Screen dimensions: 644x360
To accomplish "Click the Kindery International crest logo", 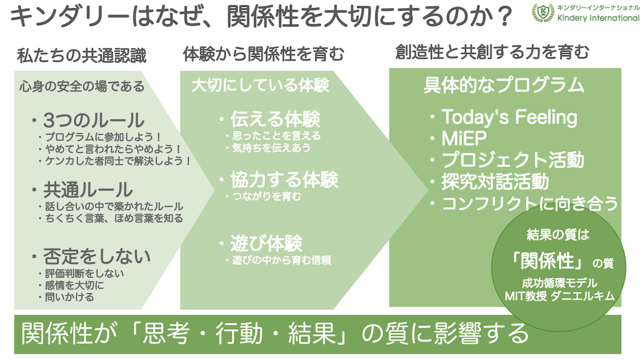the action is [x=543, y=13].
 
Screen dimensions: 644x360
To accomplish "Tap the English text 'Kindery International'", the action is [x=599, y=18].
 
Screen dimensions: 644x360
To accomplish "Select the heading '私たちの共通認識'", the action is [x=82, y=55].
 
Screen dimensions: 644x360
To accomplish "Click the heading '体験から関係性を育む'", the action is [x=264, y=54].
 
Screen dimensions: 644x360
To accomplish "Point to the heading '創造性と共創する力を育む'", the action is [x=492, y=52].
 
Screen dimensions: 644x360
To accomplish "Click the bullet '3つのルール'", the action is [x=94, y=120].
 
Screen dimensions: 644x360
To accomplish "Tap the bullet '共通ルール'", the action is [x=88, y=189].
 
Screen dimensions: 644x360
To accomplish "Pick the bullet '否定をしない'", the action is [x=97, y=256].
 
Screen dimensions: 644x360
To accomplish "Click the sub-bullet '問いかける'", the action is [x=69, y=296].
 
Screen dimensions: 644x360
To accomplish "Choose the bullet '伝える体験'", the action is [x=275, y=119].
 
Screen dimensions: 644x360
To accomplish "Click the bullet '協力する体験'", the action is [x=284, y=179].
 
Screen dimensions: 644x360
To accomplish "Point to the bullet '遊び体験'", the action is [x=266, y=244].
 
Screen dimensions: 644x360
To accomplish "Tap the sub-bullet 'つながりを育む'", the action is [x=267, y=196].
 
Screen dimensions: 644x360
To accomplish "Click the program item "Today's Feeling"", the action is [x=509, y=117].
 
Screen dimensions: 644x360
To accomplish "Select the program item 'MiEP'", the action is [x=464, y=138].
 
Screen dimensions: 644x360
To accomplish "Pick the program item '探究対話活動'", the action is [x=495, y=182].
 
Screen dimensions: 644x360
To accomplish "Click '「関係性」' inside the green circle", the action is [x=548, y=261].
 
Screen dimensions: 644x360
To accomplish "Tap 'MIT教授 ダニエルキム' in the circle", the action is [x=559, y=296].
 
